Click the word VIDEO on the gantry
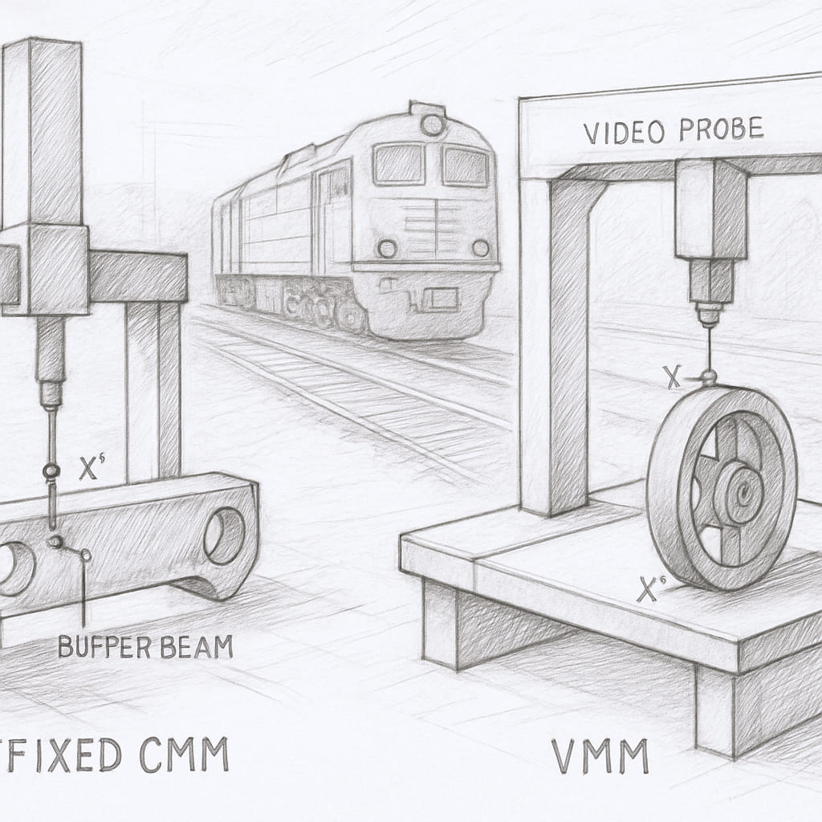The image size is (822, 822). coord(616,133)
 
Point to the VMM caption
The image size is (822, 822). coord(600,756)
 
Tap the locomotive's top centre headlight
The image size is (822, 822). coord(433,124)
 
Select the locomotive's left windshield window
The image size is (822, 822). coord(398,164)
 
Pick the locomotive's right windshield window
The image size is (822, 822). coord(466,166)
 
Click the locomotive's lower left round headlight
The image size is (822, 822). coord(388,246)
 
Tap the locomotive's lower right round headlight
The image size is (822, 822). coord(480,248)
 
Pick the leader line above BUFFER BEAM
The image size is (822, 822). coord(83,594)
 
